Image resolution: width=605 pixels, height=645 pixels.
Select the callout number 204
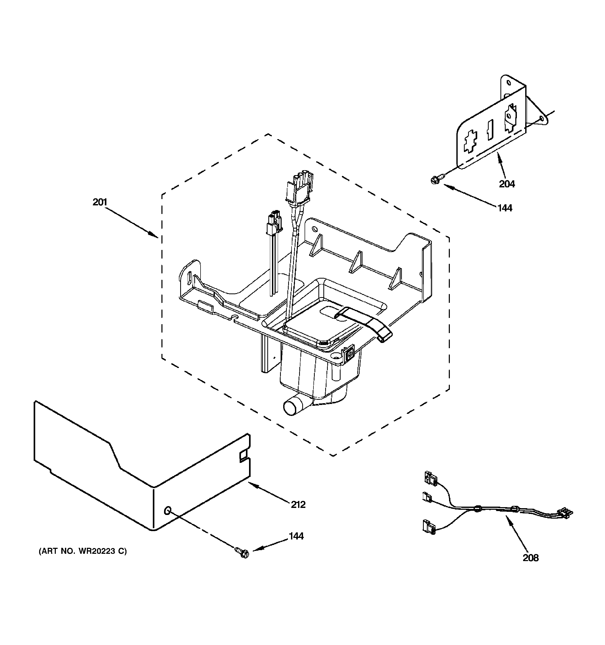(507, 184)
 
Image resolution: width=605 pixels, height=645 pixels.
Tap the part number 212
(298, 505)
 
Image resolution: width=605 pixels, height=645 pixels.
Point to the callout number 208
(530, 558)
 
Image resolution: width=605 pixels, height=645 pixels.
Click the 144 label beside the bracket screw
(505, 208)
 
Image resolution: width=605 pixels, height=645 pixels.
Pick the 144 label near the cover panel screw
(296, 536)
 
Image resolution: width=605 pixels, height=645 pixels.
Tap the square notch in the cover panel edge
(243, 456)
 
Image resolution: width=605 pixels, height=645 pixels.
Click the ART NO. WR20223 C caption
(83, 551)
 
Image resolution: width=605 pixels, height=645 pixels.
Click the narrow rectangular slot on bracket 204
(489, 130)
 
